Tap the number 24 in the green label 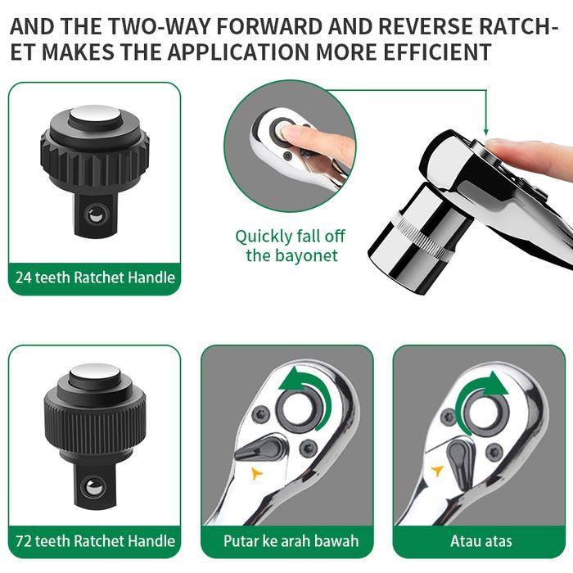23,277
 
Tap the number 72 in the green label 23,541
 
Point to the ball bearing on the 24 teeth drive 96,214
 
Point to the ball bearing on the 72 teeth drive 94,486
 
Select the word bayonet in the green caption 307,255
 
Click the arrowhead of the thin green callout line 485,132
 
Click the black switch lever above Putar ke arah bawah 261,447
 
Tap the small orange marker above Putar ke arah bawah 257,474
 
